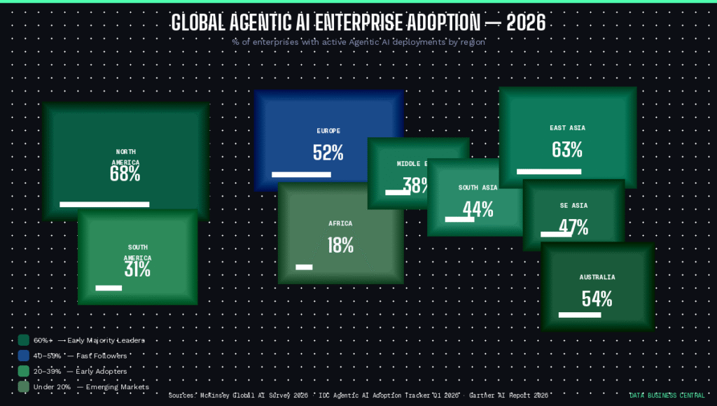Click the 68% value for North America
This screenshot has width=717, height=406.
pyautogui.click(x=125, y=174)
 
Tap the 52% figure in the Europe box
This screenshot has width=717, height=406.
pyautogui.click(x=328, y=153)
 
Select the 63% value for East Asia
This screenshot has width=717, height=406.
pyautogui.click(x=567, y=150)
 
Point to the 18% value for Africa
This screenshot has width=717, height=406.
pyautogui.click(x=340, y=245)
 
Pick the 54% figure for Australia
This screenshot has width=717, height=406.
pyautogui.click(x=597, y=299)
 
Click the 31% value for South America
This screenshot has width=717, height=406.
pyautogui.click(x=137, y=269)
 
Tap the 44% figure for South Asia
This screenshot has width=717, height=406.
pyautogui.click(x=478, y=209)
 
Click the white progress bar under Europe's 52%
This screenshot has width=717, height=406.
pyautogui.click(x=301, y=174)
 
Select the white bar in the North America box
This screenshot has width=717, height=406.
pyautogui.click(x=104, y=204)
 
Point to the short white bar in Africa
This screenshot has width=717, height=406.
pyautogui.click(x=304, y=267)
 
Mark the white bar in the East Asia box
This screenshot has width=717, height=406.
pyautogui.click(x=549, y=171)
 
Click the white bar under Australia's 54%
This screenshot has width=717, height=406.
pyautogui.click(x=580, y=315)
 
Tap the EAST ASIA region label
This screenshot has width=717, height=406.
pyautogui.click(x=567, y=128)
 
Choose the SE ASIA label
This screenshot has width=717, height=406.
pyautogui.click(x=573, y=206)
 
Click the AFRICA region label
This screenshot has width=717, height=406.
pyautogui.click(x=340, y=224)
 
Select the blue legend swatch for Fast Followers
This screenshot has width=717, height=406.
pyautogui.click(x=24, y=356)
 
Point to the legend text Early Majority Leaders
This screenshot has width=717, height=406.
pyautogui.click(x=106, y=340)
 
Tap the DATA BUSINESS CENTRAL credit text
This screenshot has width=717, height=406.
pyautogui.click(x=667, y=395)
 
